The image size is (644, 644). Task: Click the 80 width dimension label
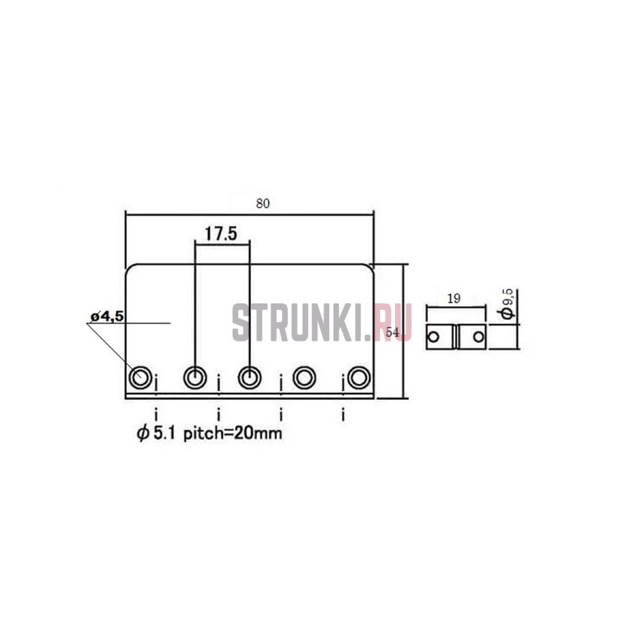(263, 203)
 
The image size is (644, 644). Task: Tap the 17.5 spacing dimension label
(221, 234)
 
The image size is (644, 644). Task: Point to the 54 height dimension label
(393, 333)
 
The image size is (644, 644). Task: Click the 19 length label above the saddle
(454, 298)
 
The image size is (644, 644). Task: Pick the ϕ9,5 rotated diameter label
(508, 304)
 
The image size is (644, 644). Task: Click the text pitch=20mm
(233, 434)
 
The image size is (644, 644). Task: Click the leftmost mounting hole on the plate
(140, 376)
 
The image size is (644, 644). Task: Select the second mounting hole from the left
(195, 376)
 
